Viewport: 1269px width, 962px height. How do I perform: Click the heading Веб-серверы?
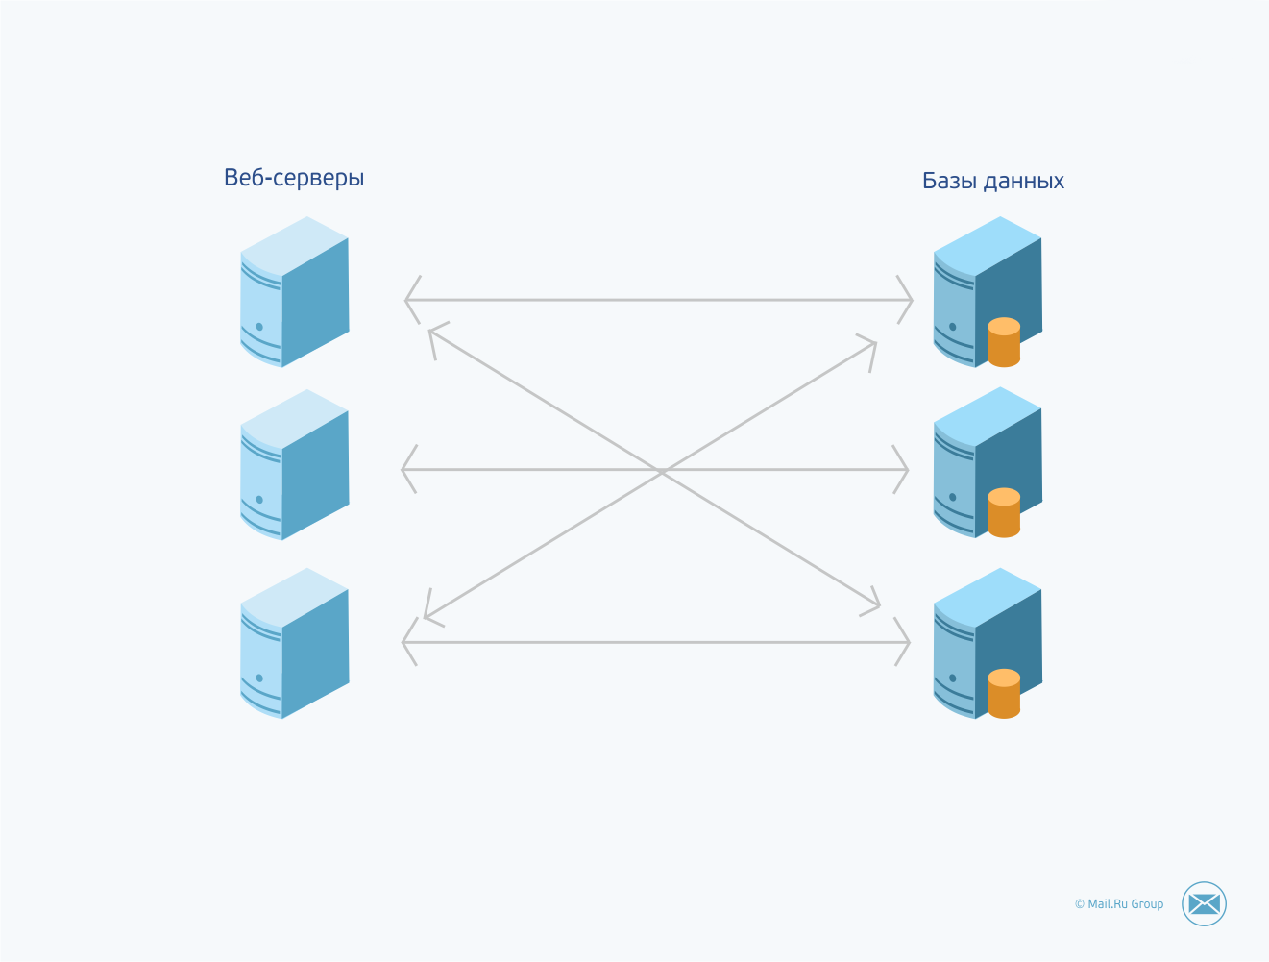click(x=294, y=178)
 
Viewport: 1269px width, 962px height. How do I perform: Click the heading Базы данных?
click(x=992, y=181)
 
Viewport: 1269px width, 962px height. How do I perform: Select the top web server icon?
click(x=294, y=292)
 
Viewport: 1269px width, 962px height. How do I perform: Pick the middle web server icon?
click(x=294, y=465)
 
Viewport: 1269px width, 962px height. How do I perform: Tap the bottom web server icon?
click(x=294, y=643)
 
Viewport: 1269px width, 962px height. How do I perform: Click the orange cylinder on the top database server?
click(x=1004, y=342)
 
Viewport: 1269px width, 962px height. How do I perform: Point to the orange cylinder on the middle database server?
click(x=1004, y=513)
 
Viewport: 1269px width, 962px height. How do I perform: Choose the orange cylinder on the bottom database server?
click(x=1004, y=694)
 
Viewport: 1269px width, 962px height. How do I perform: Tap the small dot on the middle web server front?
click(x=259, y=500)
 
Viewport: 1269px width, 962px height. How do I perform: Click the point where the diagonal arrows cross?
click(x=662, y=471)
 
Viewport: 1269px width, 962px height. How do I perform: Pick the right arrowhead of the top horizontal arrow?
click(x=908, y=300)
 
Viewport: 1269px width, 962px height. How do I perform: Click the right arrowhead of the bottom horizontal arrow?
click(x=905, y=642)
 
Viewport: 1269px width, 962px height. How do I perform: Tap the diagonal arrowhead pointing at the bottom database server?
click(x=875, y=604)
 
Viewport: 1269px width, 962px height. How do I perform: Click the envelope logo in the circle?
click(x=1204, y=903)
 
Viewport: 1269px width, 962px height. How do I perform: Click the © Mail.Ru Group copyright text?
click(x=1118, y=904)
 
